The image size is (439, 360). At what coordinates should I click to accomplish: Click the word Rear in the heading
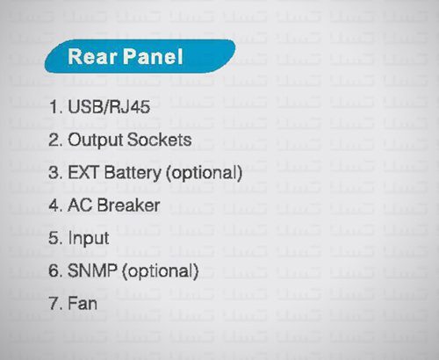(92, 56)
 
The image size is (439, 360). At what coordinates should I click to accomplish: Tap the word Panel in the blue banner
(153, 56)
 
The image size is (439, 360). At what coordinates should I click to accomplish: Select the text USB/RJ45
(109, 106)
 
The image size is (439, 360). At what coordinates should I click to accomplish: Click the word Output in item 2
(95, 140)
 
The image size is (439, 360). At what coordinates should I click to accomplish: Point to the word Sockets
(160, 140)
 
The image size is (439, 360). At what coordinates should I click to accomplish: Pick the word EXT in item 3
(83, 172)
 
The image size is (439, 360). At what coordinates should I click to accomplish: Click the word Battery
(133, 173)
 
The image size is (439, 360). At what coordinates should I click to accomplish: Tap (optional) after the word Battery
(204, 173)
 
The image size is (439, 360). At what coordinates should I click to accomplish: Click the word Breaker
(128, 205)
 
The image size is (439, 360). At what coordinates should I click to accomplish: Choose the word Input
(89, 239)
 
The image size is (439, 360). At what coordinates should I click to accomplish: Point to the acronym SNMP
(92, 270)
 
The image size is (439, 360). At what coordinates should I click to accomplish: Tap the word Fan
(83, 303)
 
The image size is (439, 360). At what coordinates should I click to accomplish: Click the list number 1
(55, 106)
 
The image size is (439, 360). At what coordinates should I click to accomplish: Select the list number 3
(55, 172)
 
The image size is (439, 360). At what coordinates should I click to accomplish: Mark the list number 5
(55, 238)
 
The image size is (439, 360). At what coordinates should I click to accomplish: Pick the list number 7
(55, 303)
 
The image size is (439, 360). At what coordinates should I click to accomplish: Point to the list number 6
(55, 270)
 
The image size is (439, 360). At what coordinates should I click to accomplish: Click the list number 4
(55, 205)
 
